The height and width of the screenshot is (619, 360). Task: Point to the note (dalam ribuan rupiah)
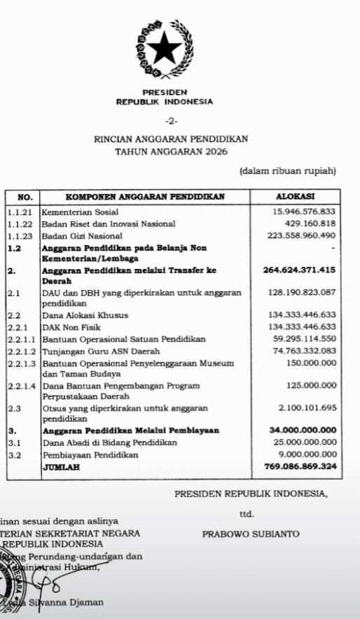point(288,170)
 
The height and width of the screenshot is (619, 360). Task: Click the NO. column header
point(24,197)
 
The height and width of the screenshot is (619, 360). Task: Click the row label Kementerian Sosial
point(80,211)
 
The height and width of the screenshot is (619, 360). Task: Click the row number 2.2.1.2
point(22,351)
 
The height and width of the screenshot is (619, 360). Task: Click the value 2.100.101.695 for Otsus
point(302,408)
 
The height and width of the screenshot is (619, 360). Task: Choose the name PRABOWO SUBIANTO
point(250,534)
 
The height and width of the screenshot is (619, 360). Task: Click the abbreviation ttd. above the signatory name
point(247,514)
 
